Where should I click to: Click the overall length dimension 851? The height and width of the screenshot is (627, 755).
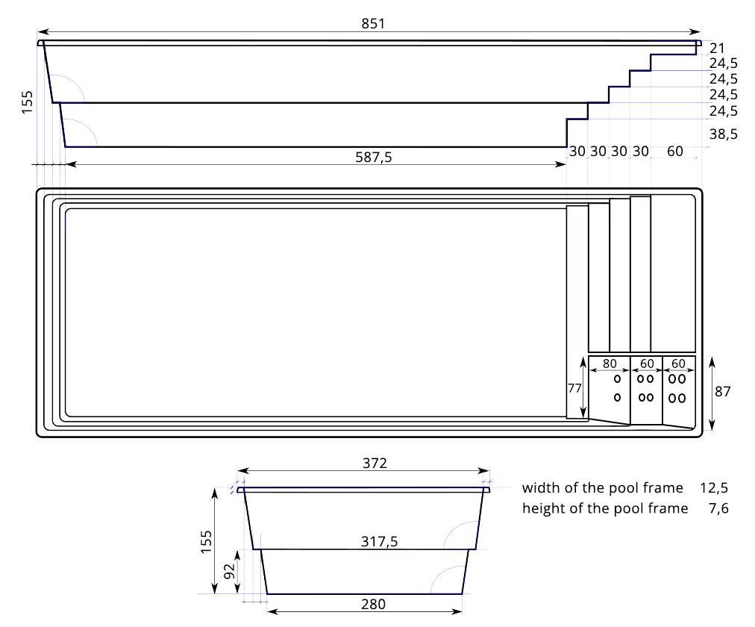pyautogui.click(x=373, y=24)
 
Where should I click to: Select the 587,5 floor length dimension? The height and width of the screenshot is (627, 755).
pyautogui.click(x=374, y=157)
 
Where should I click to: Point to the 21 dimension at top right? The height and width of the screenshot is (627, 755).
pyautogui.click(x=717, y=49)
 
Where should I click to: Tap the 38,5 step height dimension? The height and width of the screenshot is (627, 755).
pyautogui.click(x=723, y=134)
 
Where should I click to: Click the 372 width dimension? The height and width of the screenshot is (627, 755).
pyautogui.click(x=375, y=464)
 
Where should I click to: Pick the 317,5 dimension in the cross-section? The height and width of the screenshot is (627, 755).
pyautogui.click(x=380, y=542)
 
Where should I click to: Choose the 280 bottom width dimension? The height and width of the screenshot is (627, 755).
pyautogui.click(x=373, y=605)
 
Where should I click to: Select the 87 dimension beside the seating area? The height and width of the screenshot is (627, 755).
pyautogui.click(x=723, y=392)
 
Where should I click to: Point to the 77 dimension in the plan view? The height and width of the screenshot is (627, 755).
pyautogui.click(x=574, y=388)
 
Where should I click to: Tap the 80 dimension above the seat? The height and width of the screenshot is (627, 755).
pyautogui.click(x=610, y=364)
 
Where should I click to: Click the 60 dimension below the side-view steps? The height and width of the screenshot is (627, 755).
pyautogui.click(x=675, y=152)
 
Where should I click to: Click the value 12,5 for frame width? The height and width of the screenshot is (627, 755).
pyautogui.click(x=714, y=488)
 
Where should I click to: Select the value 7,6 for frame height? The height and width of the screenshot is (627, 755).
pyautogui.click(x=719, y=508)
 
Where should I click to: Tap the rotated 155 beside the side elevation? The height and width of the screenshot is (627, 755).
pyautogui.click(x=27, y=102)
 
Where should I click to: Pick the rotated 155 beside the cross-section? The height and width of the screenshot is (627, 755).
pyautogui.click(x=206, y=542)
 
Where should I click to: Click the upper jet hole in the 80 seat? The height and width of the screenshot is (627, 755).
pyautogui.click(x=617, y=379)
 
